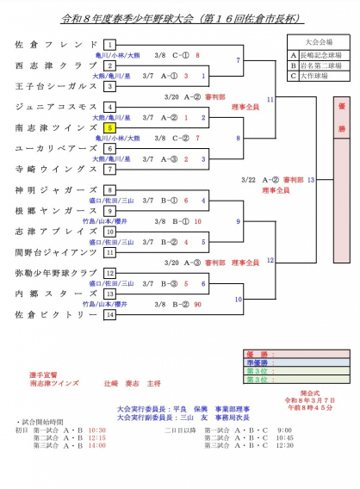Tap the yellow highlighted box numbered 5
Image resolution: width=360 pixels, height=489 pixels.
[109, 127]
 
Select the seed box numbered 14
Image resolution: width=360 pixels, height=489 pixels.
[109, 315]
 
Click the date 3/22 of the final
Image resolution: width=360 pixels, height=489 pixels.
[246, 179]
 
